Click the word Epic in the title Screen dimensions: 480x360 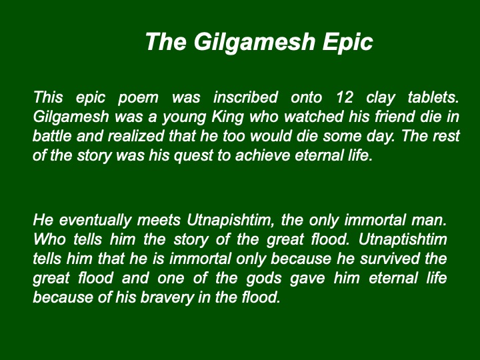(348, 42)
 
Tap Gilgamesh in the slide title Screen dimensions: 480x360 (255, 42)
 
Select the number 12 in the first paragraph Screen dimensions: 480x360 (345, 97)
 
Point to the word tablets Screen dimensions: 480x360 (433, 97)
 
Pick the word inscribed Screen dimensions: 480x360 (245, 97)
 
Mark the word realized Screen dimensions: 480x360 (136, 136)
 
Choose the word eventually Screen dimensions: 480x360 (95, 221)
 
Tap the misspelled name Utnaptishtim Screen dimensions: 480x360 (403, 240)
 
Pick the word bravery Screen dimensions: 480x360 (167, 297)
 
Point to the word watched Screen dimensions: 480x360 (314, 117)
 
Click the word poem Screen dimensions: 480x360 (138, 98)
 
